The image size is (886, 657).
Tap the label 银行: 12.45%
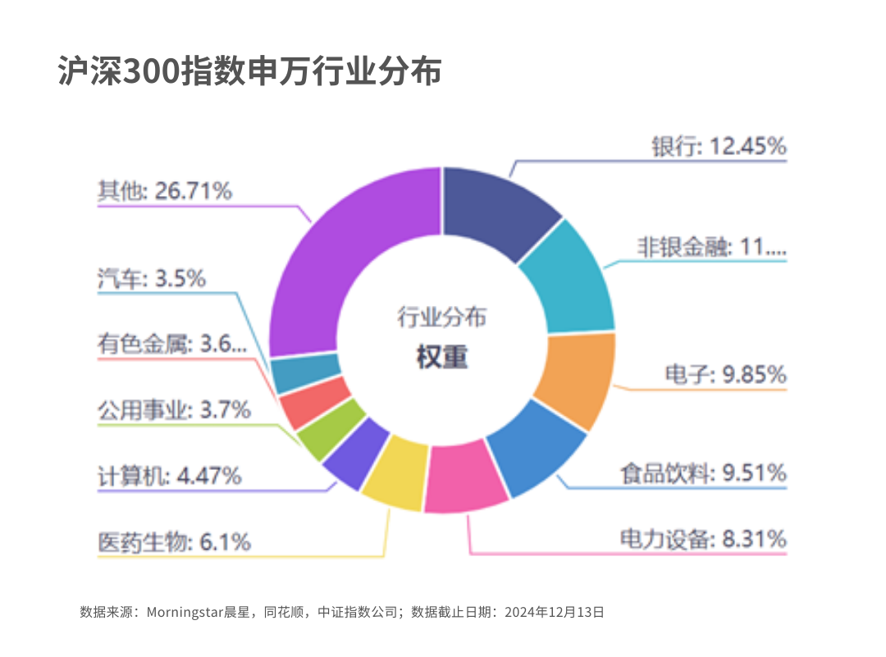coord(719,147)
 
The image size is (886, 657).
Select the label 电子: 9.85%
coord(725,375)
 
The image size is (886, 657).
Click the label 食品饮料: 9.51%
coord(703,473)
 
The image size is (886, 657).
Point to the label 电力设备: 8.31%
coord(703,539)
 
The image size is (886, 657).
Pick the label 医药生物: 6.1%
coord(174,542)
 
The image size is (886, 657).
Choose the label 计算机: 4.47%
coord(169,476)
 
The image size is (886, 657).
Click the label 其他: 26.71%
coord(164,191)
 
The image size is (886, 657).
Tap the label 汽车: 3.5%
coord(151,279)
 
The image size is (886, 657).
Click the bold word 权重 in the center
coord(441,358)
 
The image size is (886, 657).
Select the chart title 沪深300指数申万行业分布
coord(250,71)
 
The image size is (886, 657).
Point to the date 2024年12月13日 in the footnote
coord(554,612)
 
